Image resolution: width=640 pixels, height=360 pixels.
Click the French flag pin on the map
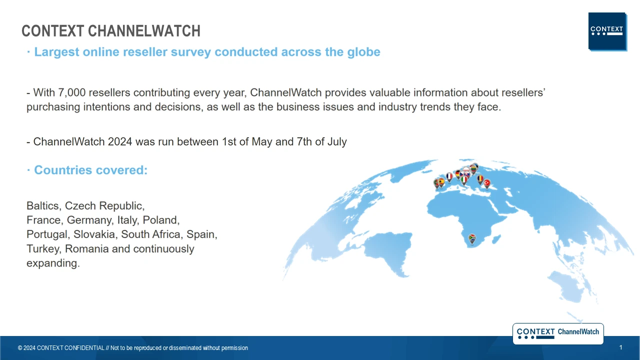449,177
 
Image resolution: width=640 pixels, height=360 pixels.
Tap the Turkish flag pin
486,183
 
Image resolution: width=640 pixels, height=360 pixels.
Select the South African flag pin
472,239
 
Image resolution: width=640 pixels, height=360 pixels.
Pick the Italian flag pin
464,180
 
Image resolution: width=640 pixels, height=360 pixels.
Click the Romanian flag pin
480,179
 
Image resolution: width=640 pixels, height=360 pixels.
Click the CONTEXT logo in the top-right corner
607,31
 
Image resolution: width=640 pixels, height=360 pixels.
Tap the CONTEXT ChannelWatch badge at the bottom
558,333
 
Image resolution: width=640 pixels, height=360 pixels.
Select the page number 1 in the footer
620,347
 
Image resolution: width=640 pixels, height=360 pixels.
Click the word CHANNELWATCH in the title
144,31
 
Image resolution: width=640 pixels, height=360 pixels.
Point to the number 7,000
71,92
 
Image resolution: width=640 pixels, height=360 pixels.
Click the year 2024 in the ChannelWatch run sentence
120,141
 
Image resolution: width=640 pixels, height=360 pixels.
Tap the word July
337,142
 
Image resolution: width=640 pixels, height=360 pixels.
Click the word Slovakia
94,234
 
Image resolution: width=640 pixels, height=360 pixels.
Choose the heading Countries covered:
91,170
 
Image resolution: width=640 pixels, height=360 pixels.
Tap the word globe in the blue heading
363,52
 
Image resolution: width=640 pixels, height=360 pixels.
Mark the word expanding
53,263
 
